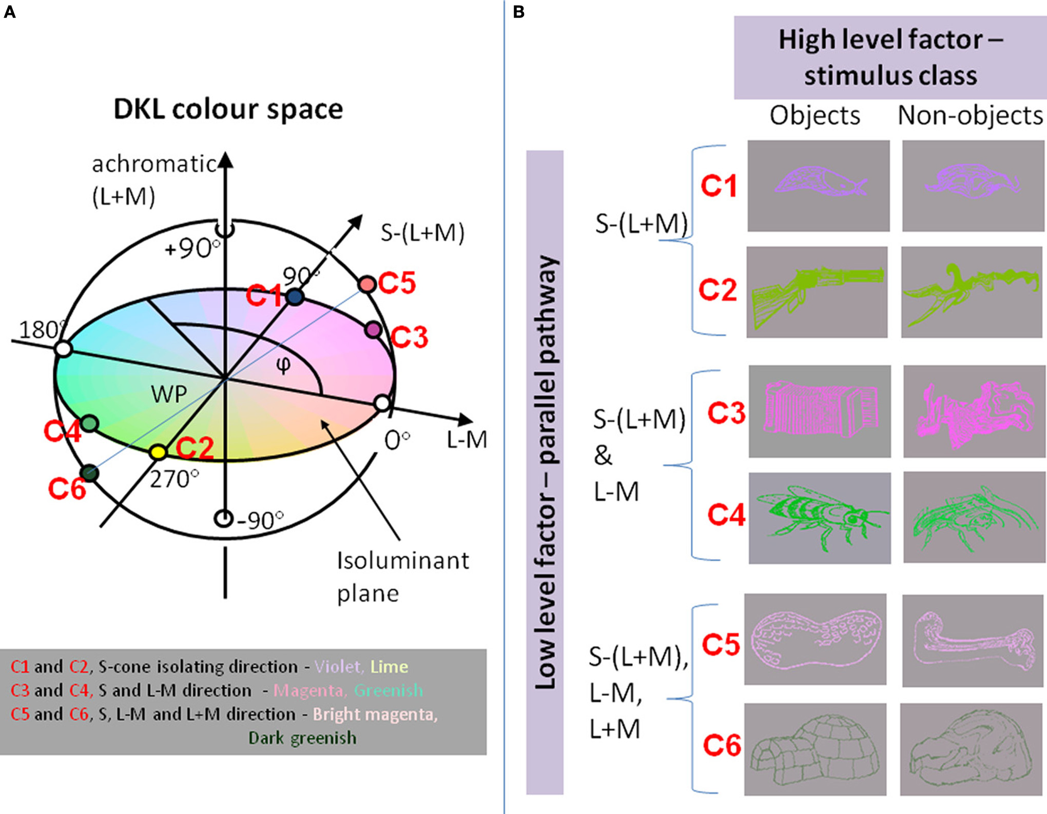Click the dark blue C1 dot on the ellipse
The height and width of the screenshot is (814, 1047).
[x=294, y=296]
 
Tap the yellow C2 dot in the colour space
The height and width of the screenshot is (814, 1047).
[x=158, y=452]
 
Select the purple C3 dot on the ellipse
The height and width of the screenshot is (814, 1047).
[x=373, y=329]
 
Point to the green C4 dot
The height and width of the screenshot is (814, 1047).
[x=89, y=423]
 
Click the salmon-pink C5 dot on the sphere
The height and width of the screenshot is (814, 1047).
[x=367, y=284]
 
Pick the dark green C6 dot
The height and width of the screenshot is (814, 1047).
[x=90, y=472]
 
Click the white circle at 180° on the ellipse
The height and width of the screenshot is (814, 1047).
[x=64, y=349]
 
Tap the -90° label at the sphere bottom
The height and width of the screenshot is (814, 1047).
[x=260, y=520]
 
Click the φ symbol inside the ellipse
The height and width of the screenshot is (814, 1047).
[x=283, y=365]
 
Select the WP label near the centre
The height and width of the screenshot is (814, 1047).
[x=169, y=394]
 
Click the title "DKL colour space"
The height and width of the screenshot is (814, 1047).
[x=228, y=109]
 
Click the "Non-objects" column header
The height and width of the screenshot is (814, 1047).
[x=970, y=115]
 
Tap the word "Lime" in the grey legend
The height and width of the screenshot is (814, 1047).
[x=389, y=666]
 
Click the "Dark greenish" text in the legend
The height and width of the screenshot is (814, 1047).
[x=302, y=738]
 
